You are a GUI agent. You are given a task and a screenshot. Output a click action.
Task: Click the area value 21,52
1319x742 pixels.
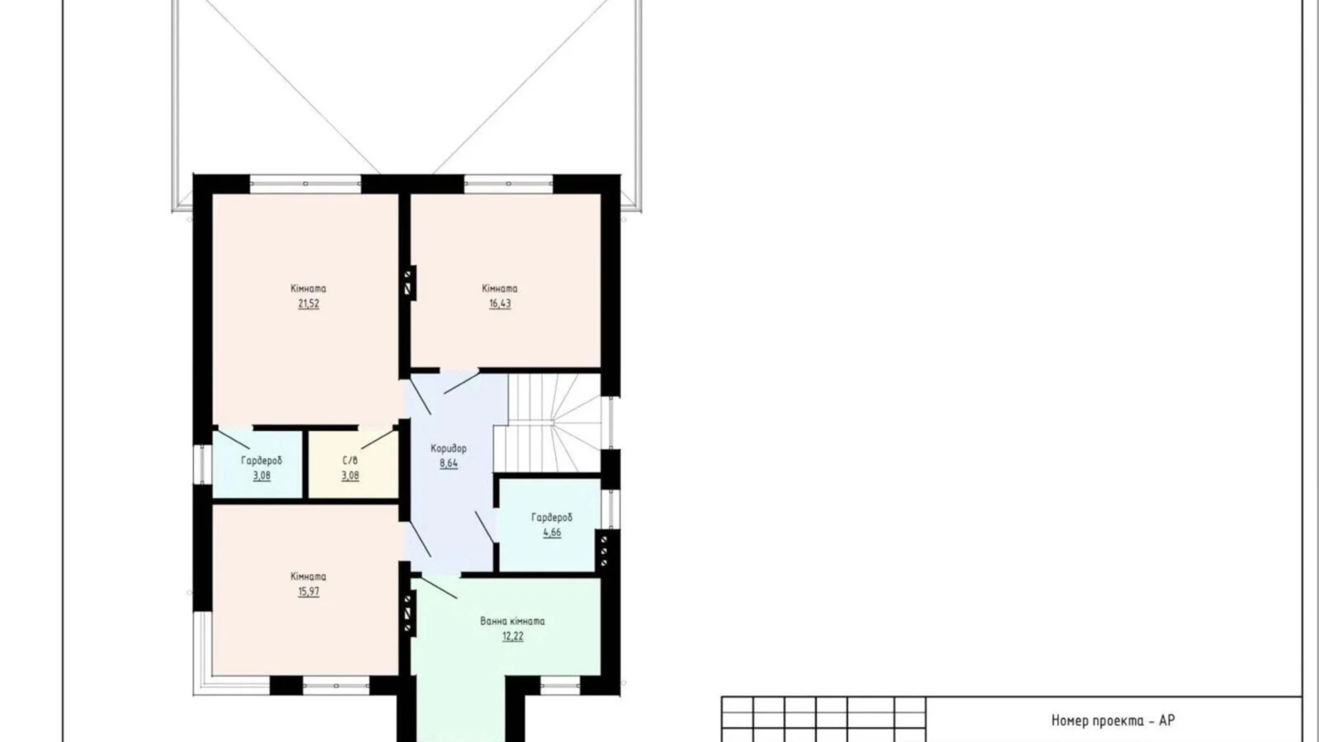[x=309, y=304]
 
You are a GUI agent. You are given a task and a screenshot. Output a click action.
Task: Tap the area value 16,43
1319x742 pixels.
[x=500, y=304]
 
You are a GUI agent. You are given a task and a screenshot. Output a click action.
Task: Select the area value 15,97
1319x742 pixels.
[x=309, y=591]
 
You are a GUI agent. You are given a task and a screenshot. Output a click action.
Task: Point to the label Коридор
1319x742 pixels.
[x=448, y=448]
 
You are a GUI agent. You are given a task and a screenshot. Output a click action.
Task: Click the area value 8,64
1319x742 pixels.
[x=448, y=464]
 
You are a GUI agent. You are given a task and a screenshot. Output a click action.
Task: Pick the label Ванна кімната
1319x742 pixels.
[x=513, y=621]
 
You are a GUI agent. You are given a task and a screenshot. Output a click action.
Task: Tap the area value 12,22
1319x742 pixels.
[x=513, y=636]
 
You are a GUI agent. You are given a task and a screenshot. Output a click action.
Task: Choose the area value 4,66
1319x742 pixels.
[x=552, y=532]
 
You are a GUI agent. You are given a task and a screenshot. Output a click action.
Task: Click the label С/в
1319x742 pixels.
[x=350, y=460]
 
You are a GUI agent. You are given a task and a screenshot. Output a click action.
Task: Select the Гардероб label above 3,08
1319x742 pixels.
[x=262, y=461]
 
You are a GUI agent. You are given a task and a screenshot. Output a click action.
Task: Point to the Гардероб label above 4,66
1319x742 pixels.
[x=552, y=517]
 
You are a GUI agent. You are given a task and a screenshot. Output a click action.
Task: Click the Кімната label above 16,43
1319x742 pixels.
[x=500, y=288]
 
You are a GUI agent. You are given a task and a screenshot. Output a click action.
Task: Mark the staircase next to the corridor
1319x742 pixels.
[x=548, y=422]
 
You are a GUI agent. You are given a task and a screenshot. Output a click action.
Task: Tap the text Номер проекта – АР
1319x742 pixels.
[x=1113, y=721]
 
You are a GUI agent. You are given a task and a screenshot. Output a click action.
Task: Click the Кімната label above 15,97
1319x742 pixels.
[x=309, y=576]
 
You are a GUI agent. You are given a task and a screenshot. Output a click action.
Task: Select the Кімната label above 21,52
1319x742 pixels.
[x=309, y=288]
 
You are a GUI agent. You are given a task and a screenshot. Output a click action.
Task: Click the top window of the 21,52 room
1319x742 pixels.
[x=306, y=183]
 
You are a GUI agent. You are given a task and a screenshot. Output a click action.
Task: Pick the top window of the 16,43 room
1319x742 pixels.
[x=509, y=183]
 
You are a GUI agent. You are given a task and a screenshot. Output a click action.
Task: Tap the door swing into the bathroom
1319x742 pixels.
[x=435, y=587]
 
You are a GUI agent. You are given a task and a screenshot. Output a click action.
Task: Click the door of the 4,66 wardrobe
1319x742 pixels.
[x=485, y=527]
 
